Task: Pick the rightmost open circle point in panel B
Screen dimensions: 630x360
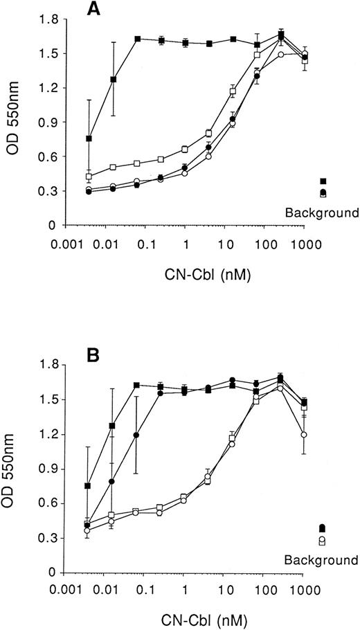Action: click(305, 435)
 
